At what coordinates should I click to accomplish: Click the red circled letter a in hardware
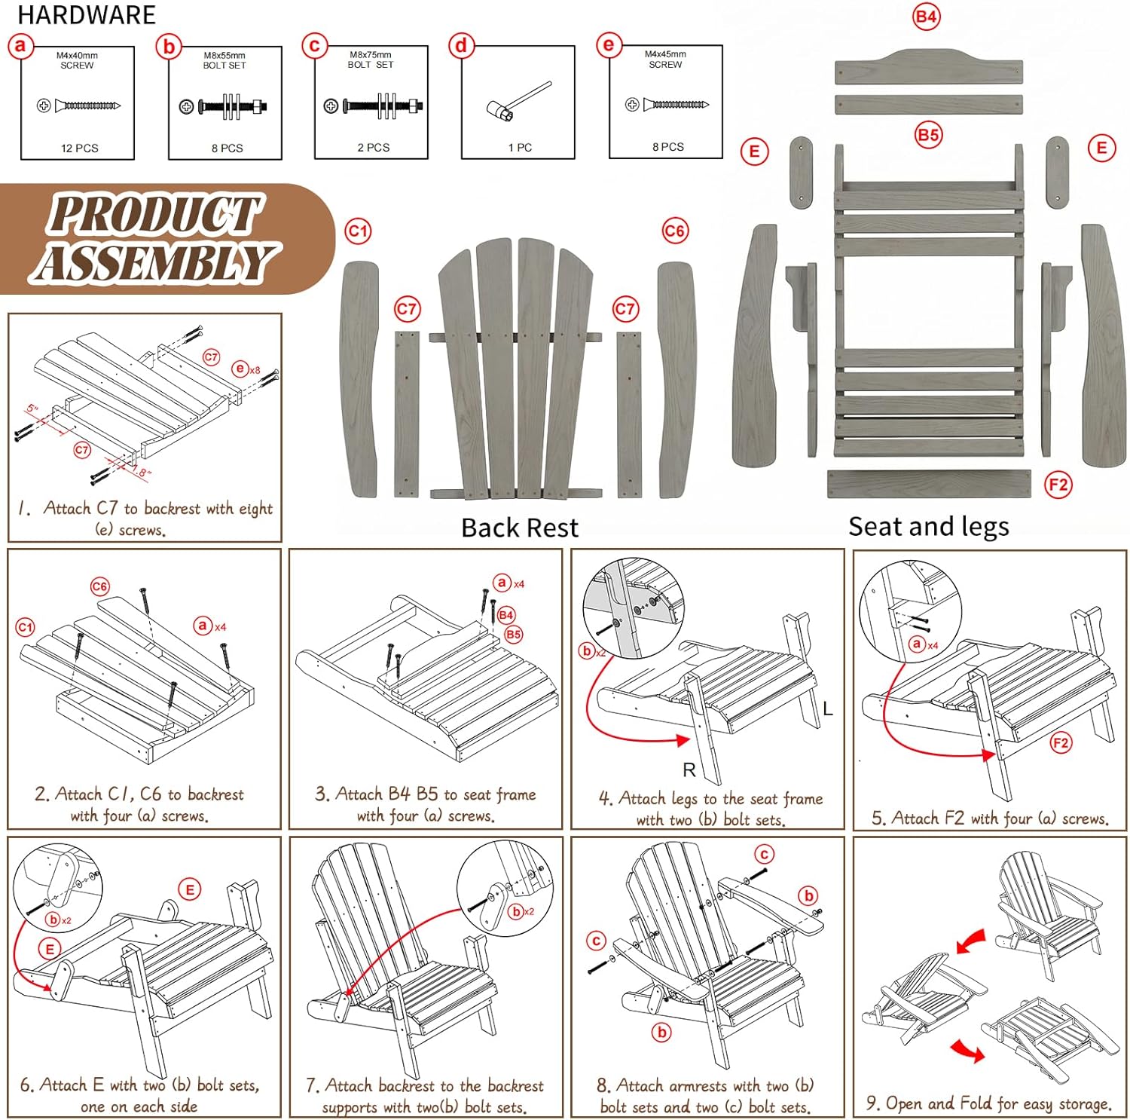20,46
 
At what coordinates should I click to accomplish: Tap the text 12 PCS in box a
79,148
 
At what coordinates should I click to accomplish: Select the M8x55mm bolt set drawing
224,106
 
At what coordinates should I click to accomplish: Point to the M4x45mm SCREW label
665,60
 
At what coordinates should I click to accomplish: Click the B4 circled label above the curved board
926,17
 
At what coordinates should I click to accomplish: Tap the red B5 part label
927,135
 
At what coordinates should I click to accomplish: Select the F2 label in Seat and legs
1058,484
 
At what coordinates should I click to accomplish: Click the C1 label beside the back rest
358,231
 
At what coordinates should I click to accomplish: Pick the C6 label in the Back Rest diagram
674,231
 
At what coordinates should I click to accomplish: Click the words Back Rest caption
519,528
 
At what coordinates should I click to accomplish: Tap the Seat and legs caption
928,526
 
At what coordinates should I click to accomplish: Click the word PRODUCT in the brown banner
154,214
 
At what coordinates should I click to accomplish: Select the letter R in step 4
689,770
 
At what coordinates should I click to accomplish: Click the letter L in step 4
827,708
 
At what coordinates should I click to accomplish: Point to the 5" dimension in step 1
32,409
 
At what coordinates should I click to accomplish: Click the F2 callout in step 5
1061,743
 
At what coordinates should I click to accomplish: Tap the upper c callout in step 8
764,854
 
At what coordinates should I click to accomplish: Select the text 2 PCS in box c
373,148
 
